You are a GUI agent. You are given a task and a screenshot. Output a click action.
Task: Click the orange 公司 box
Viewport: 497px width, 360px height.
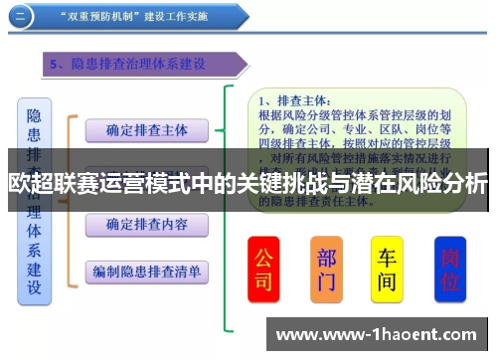[264, 270]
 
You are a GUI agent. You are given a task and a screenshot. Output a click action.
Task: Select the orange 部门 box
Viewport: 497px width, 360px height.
[327, 270]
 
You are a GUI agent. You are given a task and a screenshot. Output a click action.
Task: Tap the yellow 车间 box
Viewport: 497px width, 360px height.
[388, 270]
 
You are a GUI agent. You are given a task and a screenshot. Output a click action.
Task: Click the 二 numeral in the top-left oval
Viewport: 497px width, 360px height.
[22, 15]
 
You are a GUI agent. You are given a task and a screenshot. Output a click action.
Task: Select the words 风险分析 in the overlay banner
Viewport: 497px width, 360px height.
[448, 184]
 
